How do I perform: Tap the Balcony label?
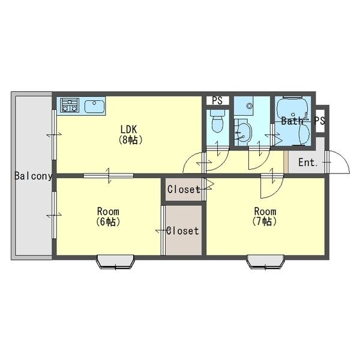[x=34, y=176]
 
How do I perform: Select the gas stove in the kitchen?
[x=70, y=105]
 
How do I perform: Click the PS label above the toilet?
[x=217, y=101]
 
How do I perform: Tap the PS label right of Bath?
[x=320, y=121]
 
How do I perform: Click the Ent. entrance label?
[x=308, y=163]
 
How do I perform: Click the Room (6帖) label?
[x=108, y=216]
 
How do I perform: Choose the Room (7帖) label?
[x=265, y=216]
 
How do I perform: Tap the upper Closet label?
[x=184, y=190]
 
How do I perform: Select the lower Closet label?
[x=182, y=231]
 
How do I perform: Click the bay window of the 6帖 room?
[x=115, y=262]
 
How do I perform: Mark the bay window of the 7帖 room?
[x=265, y=262]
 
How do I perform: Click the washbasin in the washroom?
[x=244, y=133]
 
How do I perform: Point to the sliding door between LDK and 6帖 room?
[x=108, y=176]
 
